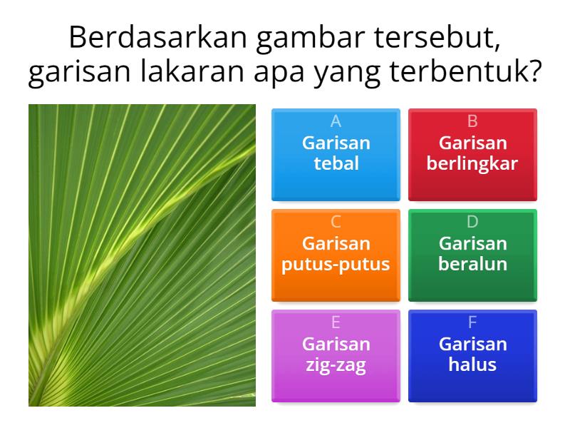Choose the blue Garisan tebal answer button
(336, 154)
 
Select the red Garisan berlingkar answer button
(472, 154)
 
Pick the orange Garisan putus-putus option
(336, 255)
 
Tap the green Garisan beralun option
(472, 255)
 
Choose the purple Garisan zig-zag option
(336, 355)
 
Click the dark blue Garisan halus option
(472, 355)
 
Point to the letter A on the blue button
(336, 121)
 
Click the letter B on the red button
(472, 121)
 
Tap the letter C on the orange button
(336, 222)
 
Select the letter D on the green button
(472, 222)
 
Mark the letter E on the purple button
(336, 322)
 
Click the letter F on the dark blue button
(472, 322)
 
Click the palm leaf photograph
(142, 255)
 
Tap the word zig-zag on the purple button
(336, 365)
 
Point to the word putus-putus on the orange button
(336, 265)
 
